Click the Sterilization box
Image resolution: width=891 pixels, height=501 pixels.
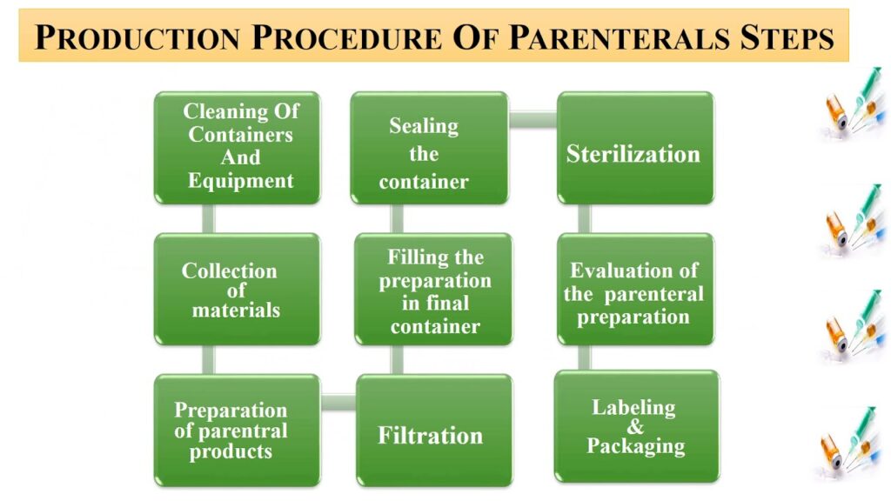pos(635,148)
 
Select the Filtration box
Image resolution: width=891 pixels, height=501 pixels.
pos(435,431)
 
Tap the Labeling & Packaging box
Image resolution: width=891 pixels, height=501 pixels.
pos(637,426)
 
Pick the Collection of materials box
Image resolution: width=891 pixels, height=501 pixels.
pos(238,289)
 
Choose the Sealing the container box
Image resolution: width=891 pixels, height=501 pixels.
pos(430,148)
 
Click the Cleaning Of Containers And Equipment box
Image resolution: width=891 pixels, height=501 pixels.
pos(238,148)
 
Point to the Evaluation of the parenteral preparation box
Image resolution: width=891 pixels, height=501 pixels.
pos(635,289)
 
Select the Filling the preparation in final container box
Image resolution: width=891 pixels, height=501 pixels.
pos(433,289)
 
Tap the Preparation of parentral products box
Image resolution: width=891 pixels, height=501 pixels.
pos(238,431)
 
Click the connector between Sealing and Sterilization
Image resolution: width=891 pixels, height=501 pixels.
pos(533,120)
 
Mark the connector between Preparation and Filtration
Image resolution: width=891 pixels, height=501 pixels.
pos(338,402)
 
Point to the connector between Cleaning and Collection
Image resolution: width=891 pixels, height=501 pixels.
pos(209,218)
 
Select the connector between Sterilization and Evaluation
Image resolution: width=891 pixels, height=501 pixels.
pos(584,218)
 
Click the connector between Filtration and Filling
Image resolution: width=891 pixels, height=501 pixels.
pos(397,360)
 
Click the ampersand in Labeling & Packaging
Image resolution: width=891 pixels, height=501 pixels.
pos(635,426)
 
